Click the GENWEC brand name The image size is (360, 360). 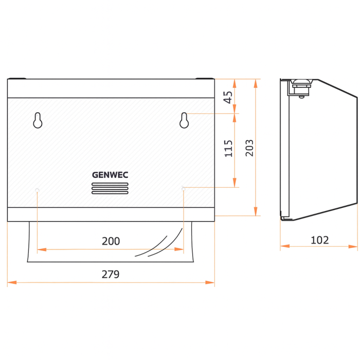click(110, 175)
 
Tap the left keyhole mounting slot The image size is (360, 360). click(38, 120)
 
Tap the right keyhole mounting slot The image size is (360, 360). click(184, 120)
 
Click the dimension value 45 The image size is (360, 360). click(228, 97)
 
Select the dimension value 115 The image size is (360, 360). click(228, 149)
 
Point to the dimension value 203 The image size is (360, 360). click(249, 148)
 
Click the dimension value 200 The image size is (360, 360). click(111, 241)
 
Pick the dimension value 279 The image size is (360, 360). click(111, 274)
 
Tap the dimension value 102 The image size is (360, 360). click(319, 240)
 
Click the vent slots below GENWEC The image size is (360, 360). click(110, 189)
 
